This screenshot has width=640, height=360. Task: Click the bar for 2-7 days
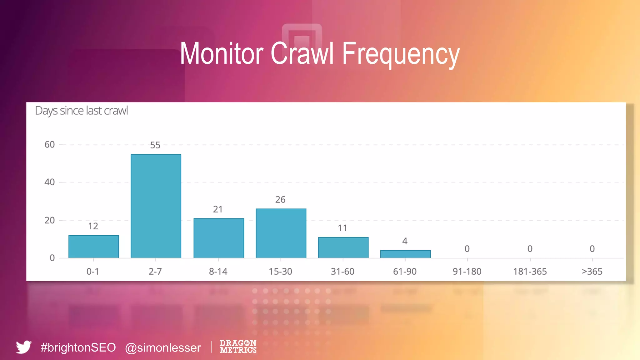pos(156,206)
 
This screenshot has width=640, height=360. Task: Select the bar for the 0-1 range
pos(93,247)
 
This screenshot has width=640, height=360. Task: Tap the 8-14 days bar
pos(218,238)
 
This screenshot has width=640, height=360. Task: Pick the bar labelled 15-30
pos(281,233)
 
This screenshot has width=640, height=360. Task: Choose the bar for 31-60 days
pos(343,247)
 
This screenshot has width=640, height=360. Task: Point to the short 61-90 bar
pos(405,254)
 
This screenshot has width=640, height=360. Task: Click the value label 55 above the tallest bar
pos(155,145)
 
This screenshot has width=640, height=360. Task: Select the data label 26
pos(280,200)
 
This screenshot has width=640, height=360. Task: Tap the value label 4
pos(405,241)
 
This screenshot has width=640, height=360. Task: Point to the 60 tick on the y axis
pos(49,145)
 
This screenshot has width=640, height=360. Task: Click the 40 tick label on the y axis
pos(49,182)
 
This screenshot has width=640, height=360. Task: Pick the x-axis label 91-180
pos(467,272)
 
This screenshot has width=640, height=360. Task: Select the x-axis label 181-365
pos(530,272)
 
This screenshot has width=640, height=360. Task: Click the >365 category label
pos(592,272)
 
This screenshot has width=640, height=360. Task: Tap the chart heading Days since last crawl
pos(81,111)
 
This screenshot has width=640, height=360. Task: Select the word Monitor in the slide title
pos(221,54)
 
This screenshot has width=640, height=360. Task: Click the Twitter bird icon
pos(24,347)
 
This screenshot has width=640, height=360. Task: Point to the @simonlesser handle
pos(163,348)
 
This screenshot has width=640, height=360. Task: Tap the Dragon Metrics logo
pos(238,347)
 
